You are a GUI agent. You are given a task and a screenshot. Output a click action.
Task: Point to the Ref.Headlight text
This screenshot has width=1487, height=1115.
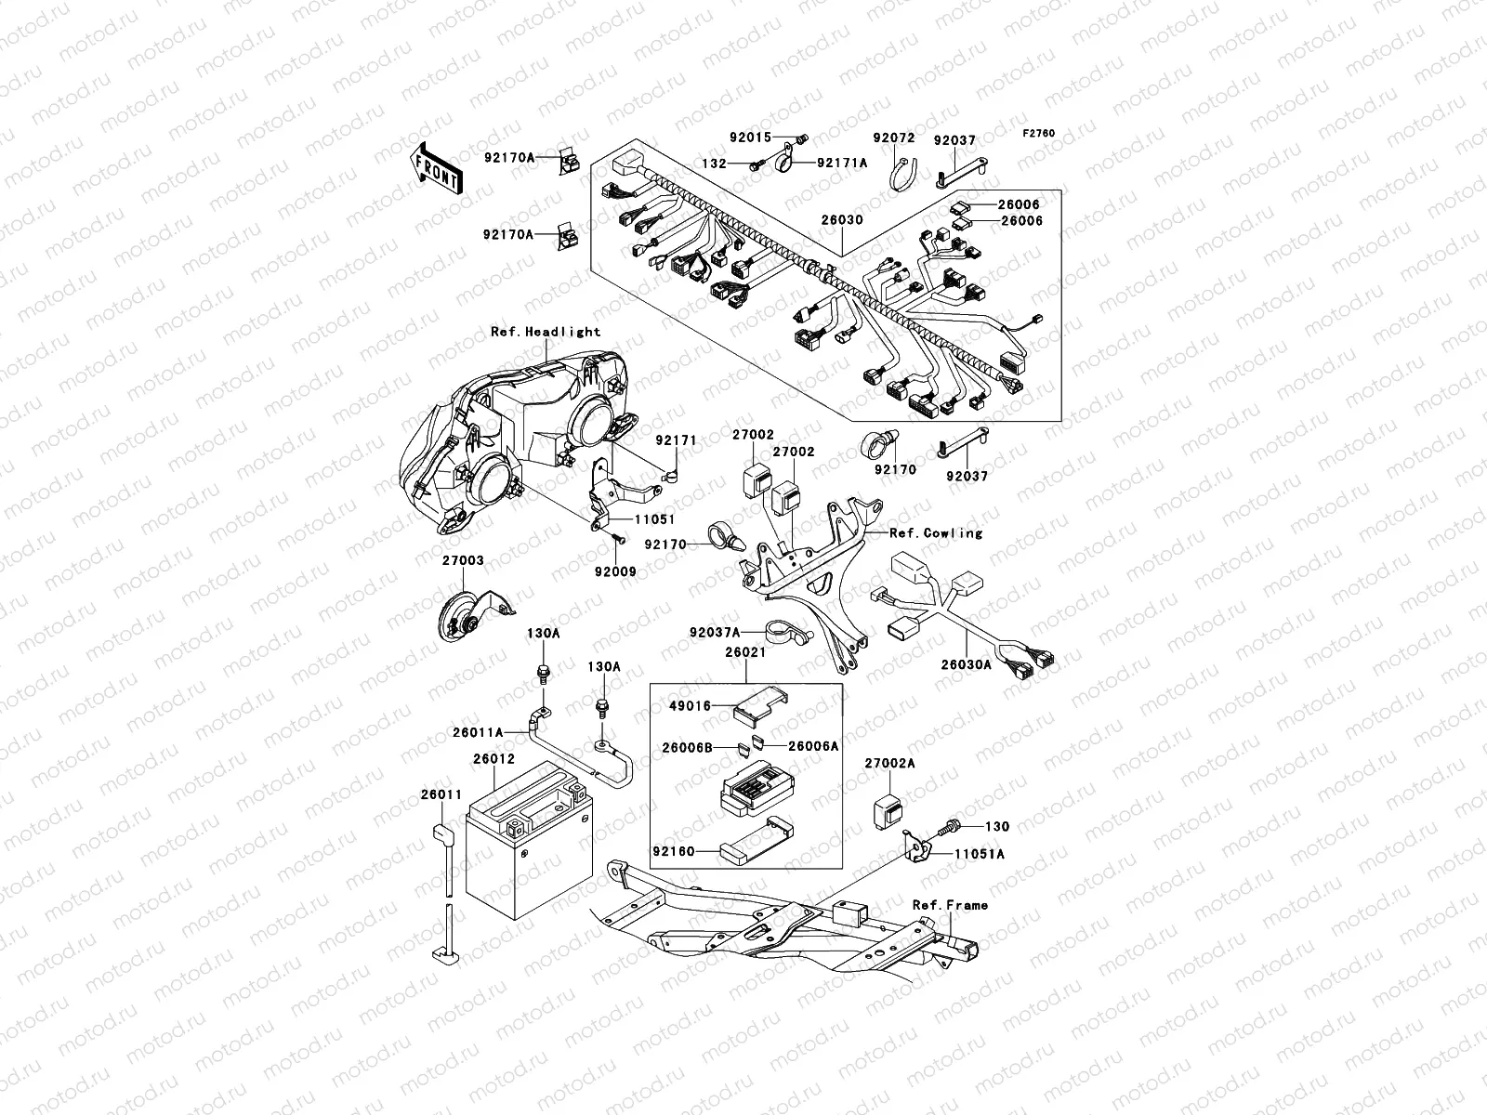(x=546, y=332)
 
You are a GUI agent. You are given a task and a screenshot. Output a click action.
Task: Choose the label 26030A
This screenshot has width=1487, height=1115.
(x=966, y=664)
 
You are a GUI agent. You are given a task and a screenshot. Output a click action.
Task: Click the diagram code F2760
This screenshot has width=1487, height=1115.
(x=1039, y=134)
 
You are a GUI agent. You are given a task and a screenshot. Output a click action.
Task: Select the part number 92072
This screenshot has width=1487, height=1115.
(x=893, y=138)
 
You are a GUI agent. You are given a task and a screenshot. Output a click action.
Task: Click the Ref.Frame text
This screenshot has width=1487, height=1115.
(x=950, y=905)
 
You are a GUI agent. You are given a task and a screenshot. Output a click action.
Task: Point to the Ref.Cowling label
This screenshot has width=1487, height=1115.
(x=935, y=533)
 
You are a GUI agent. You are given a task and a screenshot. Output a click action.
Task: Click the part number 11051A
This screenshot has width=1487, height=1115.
(x=980, y=852)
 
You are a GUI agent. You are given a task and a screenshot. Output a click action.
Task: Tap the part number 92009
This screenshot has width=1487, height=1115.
(x=615, y=571)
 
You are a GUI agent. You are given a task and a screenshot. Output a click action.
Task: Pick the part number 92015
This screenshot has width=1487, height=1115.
(x=750, y=138)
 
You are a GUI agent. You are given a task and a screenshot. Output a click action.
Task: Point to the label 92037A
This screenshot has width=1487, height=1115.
(x=715, y=633)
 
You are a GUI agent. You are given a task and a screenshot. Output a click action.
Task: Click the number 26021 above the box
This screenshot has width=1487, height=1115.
(x=745, y=652)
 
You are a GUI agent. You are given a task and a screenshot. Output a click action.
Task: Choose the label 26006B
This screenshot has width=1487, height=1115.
(x=687, y=746)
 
